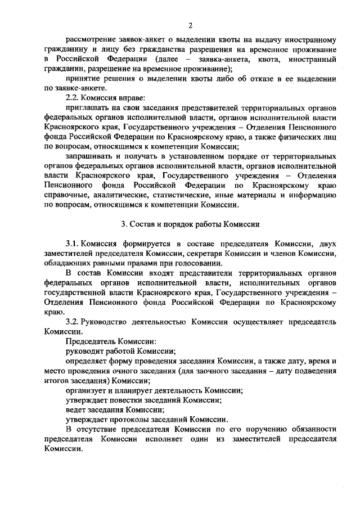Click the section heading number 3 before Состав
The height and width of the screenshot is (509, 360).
(124, 223)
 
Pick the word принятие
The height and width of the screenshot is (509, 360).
(83, 79)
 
